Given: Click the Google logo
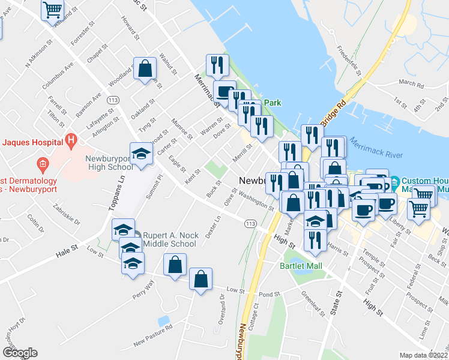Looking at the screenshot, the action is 20,353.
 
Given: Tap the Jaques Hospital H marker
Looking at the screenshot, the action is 71,142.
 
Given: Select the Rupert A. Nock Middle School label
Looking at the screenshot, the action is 169,239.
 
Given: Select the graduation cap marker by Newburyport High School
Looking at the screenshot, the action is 142,154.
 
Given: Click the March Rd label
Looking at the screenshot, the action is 411,83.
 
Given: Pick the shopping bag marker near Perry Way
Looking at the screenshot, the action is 175,264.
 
